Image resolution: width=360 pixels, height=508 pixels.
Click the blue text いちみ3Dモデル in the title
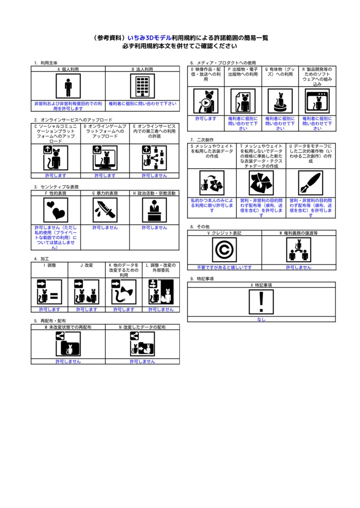[x=149, y=38]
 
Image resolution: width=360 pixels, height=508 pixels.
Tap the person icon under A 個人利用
[x=68, y=86]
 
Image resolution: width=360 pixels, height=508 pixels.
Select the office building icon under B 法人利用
[x=143, y=86]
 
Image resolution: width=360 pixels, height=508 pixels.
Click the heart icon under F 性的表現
[x=56, y=210]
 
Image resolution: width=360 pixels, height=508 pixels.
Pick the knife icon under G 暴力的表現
[x=105, y=210]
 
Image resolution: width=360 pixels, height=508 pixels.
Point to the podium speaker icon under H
[x=154, y=210]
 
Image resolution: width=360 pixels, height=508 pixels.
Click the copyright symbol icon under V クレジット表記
[x=224, y=250]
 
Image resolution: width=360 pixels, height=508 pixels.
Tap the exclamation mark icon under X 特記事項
[x=261, y=302]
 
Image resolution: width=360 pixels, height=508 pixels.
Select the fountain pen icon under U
[x=311, y=183]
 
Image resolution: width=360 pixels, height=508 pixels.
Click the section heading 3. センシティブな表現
[x=57, y=187]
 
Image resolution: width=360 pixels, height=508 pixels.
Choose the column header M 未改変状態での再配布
[x=68, y=327]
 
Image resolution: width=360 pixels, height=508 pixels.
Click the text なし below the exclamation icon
[x=261, y=319]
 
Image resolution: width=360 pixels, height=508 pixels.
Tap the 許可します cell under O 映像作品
[x=206, y=119]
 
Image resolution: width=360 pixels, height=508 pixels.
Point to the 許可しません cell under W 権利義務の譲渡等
[x=299, y=267]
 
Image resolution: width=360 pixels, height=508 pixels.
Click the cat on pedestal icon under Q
[x=280, y=101]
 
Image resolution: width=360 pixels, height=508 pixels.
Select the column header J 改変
[x=86, y=265]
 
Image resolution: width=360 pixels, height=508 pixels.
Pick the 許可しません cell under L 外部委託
[x=161, y=310]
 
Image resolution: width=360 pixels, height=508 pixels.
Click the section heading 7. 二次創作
[x=202, y=140]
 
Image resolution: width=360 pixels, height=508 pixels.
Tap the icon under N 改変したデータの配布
[x=143, y=344]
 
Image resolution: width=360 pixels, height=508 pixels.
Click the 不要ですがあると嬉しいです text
[x=224, y=267]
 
